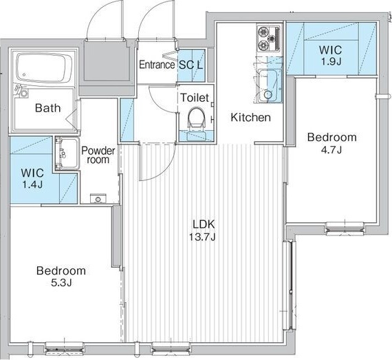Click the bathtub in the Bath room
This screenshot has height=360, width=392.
pyautogui.click(x=44, y=67)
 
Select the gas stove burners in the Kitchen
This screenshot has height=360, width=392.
pyautogui.click(x=268, y=39)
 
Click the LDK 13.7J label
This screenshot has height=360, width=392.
pyautogui.click(x=203, y=230)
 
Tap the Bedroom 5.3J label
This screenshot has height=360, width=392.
pyautogui.click(x=61, y=277)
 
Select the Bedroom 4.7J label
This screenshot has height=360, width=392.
pyautogui.click(x=331, y=143)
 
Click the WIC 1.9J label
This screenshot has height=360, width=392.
pyautogui.click(x=331, y=55)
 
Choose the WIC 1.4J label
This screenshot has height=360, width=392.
pyautogui.click(x=32, y=178)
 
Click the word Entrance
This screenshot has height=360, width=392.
pyautogui.click(x=157, y=65)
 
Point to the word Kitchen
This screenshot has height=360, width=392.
pyautogui.click(x=250, y=117)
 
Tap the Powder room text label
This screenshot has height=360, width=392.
pyautogui.click(x=98, y=155)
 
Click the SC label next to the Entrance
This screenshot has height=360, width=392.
pyautogui.click(x=186, y=65)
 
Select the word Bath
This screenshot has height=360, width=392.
pyautogui.click(x=47, y=108)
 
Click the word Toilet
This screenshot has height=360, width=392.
pyautogui.click(x=195, y=98)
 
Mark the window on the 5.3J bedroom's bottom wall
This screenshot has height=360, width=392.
pyautogui.click(x=64, y=347)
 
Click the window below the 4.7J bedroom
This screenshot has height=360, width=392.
pyautogui.click(x=345, y=227)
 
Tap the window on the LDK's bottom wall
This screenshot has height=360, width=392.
pyautogui.click(x=171, y=347)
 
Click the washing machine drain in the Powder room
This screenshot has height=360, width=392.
pyautogui.click(x=98, y=199)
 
